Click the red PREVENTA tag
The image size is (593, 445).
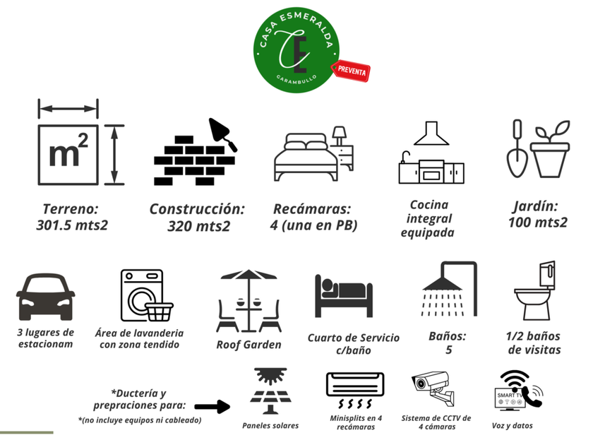tap(352, 70)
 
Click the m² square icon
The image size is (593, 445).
tap(68, 155)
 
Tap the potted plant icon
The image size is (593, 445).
tap(550, 150)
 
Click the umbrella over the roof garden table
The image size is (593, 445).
tap(248, 277)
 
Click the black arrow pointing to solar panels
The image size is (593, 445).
tap(212, 406)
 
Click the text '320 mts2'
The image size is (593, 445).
tap(199, 227)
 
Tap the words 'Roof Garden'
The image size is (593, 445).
tap(248, 345)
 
